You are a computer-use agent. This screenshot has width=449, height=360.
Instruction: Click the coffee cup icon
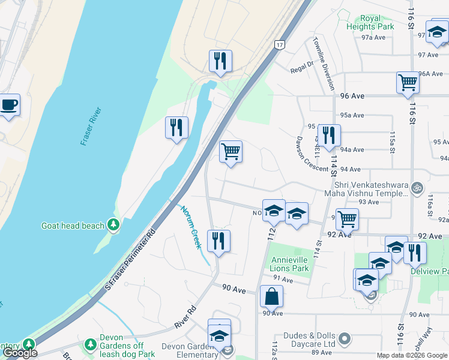point(9,105)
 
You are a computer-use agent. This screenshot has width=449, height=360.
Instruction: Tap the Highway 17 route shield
point(280,45)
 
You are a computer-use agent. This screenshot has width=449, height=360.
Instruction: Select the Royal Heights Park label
point(370,22)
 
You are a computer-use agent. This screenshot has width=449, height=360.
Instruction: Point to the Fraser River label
point(91,127)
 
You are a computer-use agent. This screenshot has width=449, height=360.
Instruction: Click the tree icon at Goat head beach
point(113,226)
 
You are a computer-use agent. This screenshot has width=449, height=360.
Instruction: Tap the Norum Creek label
point(191,227)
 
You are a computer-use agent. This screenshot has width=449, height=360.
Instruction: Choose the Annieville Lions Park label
point(290,264)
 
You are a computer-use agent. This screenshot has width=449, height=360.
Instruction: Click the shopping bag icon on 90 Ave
point(271,296)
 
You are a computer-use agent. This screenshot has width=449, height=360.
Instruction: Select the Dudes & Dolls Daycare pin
point(344,340)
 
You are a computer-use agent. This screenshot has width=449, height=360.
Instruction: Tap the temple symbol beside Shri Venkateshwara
point(418,188)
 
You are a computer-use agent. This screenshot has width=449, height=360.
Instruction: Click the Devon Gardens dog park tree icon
point(90,344)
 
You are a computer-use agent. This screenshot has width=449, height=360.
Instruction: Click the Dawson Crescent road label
point(312,152)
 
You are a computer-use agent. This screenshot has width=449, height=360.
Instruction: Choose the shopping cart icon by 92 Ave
point(346,219)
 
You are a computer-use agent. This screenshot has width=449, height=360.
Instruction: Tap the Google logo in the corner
point(20,353)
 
